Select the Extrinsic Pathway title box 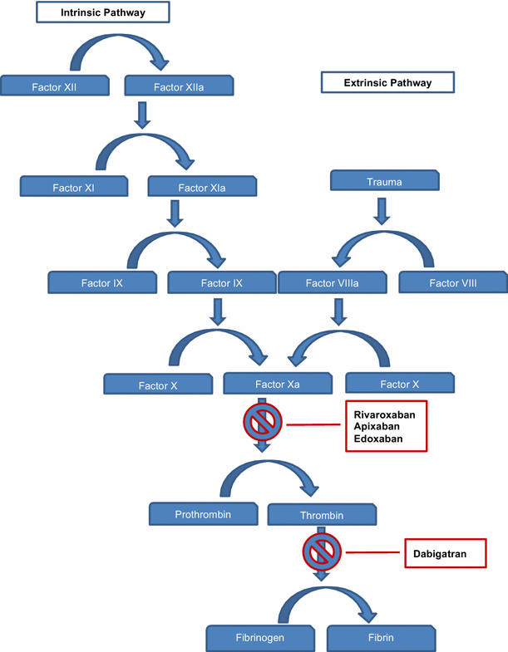(387, 82)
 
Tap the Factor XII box (55, 86)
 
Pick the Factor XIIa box (178, 86)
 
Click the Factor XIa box (201, 187)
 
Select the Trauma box (382, 181)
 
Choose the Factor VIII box (453, 283)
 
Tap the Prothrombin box (203, 514)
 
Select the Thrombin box (322, 515)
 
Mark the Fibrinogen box (259, 638)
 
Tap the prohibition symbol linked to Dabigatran (321, 551)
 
